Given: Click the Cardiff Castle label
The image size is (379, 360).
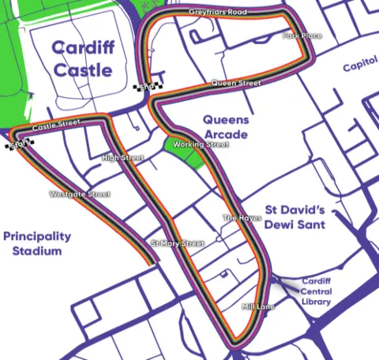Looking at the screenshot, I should pyautogui.click(x=84, y=59).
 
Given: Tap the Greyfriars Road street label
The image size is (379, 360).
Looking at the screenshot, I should pyautogui.click(x=218, y=13).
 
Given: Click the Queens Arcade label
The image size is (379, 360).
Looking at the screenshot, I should pyautogui.click(x=226, y=127).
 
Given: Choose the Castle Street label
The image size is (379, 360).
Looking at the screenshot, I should pyautogui.click(x=56, y=125).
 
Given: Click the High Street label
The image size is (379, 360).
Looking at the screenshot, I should pyautogui.click(x=122, y=158).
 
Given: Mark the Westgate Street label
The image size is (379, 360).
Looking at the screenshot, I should pyautogui.click(x=80, y=193).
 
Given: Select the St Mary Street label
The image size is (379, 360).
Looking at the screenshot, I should pyautogui.click(x=178, y=244).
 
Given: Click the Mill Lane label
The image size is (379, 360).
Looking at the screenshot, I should pyautogui.click(x=257, y=306).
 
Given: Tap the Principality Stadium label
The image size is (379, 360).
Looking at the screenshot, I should pyautogui.click(x=36, y=243).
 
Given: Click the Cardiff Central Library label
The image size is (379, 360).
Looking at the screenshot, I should pyautogui.click(x=317, y=291).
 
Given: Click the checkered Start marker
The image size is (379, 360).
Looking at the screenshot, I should pyautogui.click(x=21, y=143).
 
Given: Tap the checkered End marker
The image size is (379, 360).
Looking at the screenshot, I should pyautogui.click(x=147, y=88).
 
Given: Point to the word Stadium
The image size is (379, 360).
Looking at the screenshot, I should pyautogui.click(x=36, y=251).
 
